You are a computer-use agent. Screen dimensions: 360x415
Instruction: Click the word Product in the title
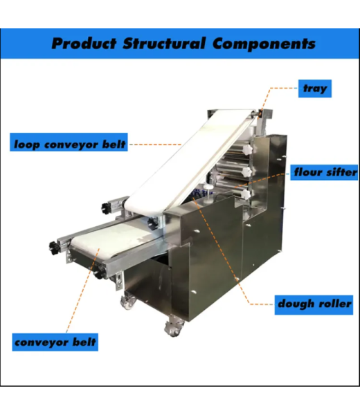(x=84, y=44)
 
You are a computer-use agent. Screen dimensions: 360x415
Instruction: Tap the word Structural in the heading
(x=164, y=43)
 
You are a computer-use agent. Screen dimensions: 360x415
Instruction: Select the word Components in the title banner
(x=264, y=44)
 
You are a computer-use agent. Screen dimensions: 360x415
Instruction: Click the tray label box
(x=315, y=89)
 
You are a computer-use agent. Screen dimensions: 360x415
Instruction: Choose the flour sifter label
(x=324, y=172)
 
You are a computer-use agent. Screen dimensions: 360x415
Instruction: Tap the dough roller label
(x=314, y=305)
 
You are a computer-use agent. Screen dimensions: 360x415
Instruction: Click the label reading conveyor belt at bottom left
(x=55, y=342)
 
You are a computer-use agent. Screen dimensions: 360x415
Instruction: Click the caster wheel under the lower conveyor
(x=128, y=302)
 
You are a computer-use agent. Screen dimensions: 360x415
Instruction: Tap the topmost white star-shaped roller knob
(x=246, y=150)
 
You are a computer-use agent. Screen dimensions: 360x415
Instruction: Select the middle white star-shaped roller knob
(x=246, y=172)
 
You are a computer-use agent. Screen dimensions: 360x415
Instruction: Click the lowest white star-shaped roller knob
(x=246, y=194)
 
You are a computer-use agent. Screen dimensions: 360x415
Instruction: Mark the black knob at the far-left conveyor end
(x=54, y=248)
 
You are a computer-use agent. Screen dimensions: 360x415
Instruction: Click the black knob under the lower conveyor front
(x=99, y=273)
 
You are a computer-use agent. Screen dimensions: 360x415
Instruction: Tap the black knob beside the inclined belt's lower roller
(x=107, y=209)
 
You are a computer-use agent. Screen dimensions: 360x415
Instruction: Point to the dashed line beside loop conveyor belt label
(x=156, y=145)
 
